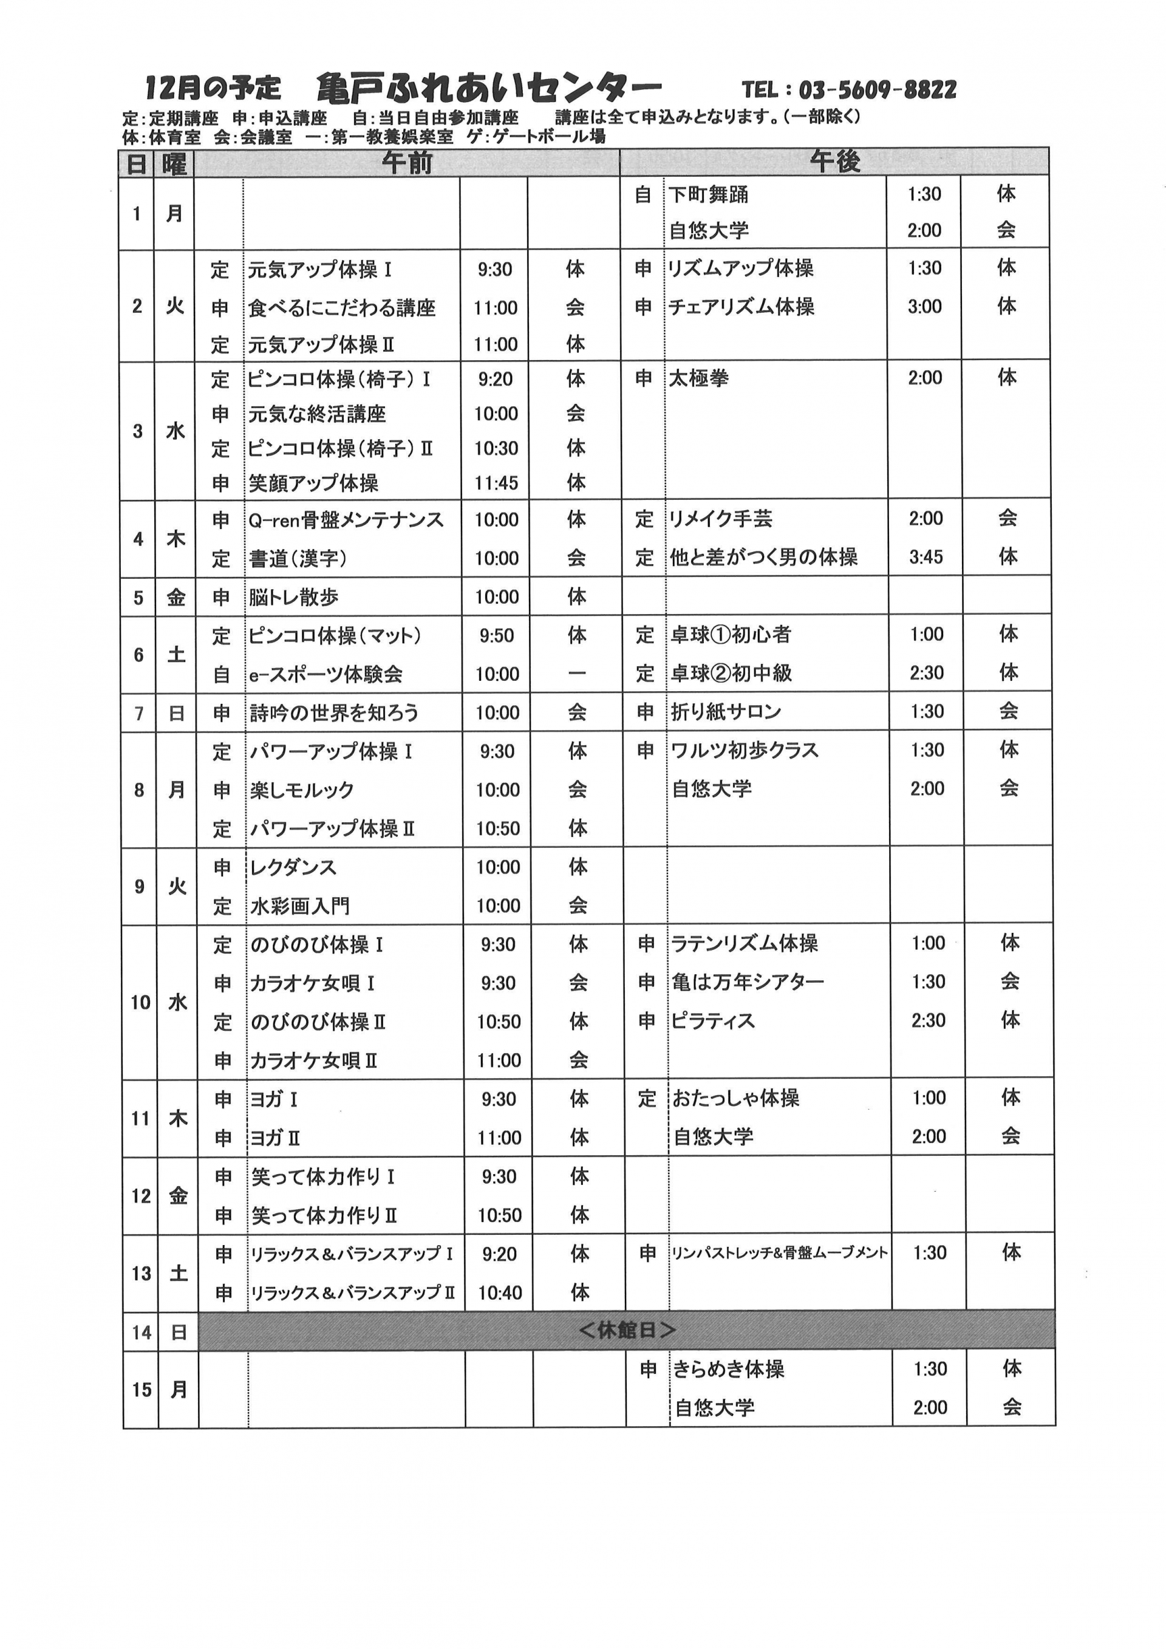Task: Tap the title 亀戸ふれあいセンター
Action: point(488,88)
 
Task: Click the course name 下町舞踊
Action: point(708,194)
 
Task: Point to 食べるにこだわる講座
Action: point(342,308)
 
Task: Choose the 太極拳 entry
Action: point(698,378)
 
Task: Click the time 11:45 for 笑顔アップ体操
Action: point(496,483)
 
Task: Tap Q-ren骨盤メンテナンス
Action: point(346,520)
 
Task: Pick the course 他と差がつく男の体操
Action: point(763,556)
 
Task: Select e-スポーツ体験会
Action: point(326,674)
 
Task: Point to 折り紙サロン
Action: point(725,712)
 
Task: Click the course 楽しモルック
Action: point(302,790)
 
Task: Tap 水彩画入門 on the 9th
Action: point(299,906)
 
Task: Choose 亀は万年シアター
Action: point(748,982)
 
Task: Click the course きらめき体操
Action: point(728,1370)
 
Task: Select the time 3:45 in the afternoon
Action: point(926,556)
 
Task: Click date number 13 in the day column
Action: point(141,1274)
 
